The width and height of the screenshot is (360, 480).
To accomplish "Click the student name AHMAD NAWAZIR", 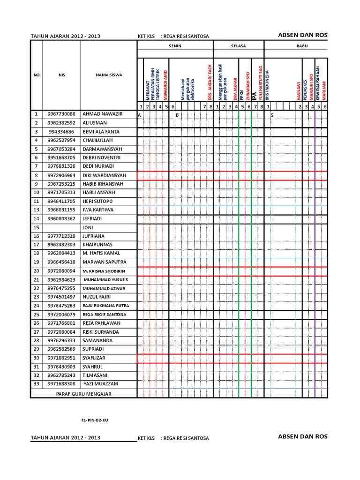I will coord(102,114).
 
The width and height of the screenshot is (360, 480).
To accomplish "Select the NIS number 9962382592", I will coord(61,123).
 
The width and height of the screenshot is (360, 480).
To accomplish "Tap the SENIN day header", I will coord(175,46).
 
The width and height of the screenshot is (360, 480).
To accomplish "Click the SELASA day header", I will coord(239,46).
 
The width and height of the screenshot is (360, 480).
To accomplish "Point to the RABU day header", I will coord(296,46).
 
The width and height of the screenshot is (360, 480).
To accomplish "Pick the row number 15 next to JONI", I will coord(36,227).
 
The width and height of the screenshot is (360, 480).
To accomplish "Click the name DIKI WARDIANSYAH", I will coord(104,175).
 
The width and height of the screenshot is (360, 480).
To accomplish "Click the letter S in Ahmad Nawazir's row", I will coord(272,115).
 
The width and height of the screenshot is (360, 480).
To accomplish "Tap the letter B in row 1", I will coord(177,115).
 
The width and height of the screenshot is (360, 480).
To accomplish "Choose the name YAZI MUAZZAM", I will coord(101,384).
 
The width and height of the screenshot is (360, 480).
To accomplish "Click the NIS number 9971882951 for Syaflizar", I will coord(61,358).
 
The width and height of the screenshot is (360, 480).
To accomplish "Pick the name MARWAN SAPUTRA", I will coord(103,262).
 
